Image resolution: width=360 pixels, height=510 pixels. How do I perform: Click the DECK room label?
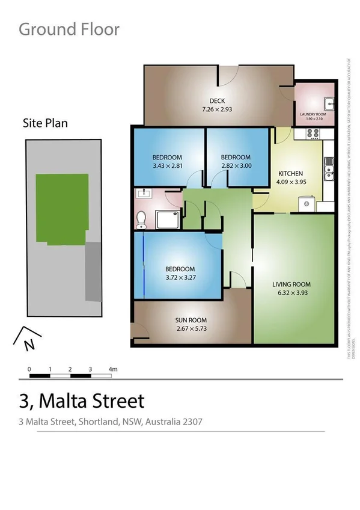point(217,101)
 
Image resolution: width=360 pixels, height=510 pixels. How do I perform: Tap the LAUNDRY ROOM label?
point(313,114)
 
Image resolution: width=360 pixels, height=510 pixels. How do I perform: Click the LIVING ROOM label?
point(291,284)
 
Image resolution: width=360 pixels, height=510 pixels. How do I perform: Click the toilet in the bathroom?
point(141,220)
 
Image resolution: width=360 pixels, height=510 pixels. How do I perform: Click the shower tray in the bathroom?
point(168,220)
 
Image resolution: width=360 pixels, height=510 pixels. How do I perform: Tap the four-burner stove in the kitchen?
point(313,134)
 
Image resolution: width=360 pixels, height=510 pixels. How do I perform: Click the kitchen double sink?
point(328,170)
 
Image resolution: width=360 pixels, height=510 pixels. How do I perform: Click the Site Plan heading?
point(45,123)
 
